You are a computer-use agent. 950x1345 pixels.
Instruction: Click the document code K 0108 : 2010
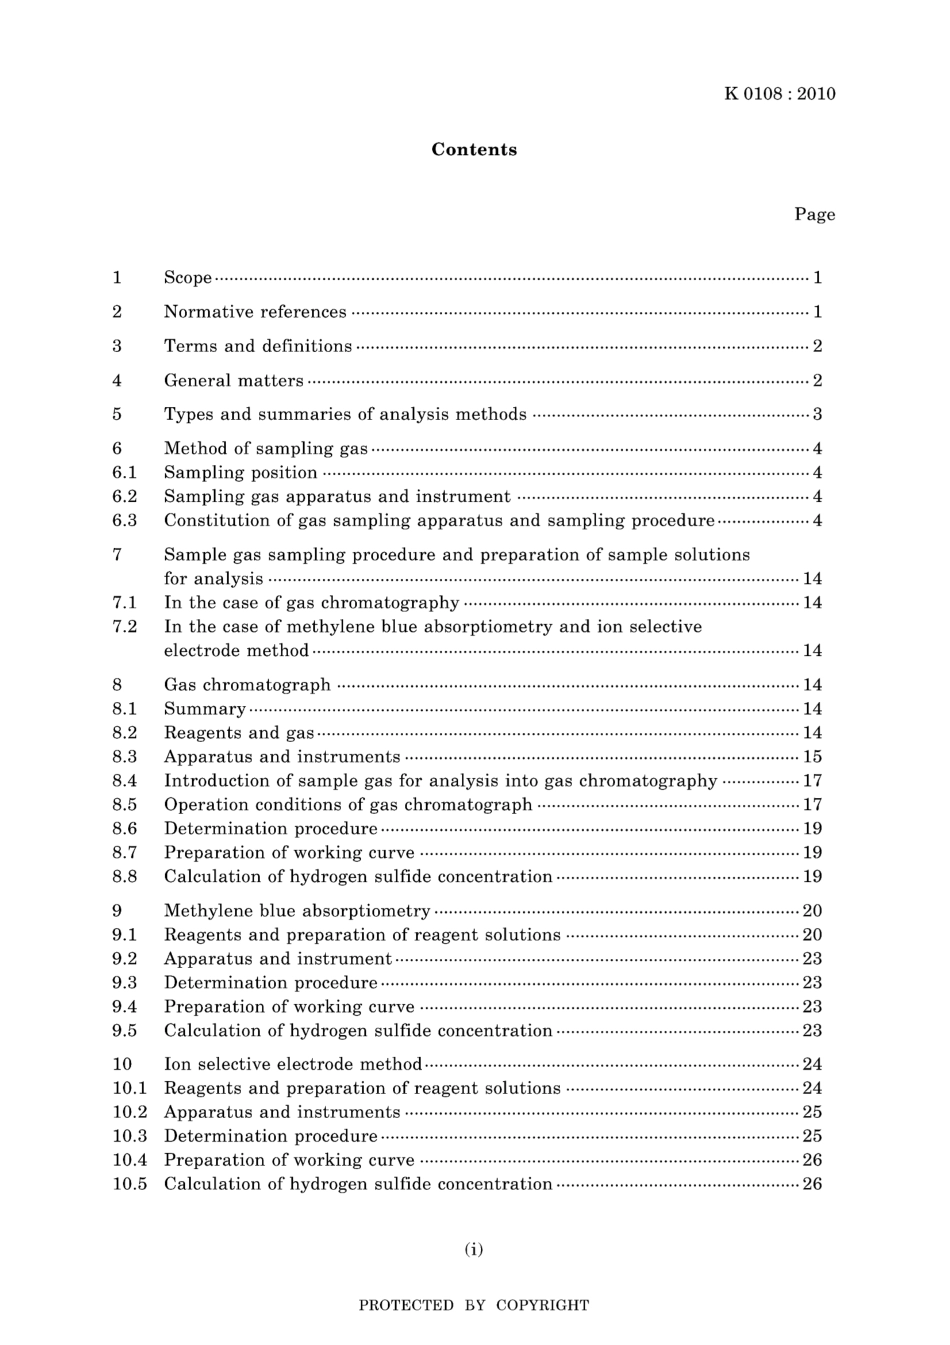(x=779, y=94)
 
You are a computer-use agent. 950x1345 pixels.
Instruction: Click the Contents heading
(x=474, y=150)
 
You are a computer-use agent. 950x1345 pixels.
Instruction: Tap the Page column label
(x=814, y=215)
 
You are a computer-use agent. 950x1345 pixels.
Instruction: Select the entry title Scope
(x=188, y=278)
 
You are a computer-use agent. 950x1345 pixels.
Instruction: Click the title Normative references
(x=255, y=312)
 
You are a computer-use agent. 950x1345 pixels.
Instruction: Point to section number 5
(x=117, y=414)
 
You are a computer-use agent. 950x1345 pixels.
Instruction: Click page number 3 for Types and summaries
(x=817, y=414)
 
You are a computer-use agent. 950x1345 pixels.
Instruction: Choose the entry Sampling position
(x=241, y=473)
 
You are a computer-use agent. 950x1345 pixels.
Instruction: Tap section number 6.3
(x=124, y=521)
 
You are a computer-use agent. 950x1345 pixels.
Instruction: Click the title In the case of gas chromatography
(x=311, y=603)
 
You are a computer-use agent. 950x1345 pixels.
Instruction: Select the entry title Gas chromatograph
(x=247, y=685)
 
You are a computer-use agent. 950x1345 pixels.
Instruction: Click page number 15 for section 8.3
(x=812, y=757)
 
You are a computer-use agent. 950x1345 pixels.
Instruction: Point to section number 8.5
(x=124, y=805)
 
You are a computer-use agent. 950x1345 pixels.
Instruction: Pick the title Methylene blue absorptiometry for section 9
(x=297, y=911)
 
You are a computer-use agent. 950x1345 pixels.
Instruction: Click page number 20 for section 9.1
(x=812, y=935)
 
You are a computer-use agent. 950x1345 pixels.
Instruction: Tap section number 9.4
(x=124, y=1007)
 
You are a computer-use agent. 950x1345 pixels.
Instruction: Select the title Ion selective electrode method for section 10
(x=293, y=1064)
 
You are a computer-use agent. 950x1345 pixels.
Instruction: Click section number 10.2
(x=129, y=1112)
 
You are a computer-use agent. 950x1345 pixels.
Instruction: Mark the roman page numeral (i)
(x=474, y=1249)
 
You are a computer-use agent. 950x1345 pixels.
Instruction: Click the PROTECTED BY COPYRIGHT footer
(x=474, y=1306)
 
